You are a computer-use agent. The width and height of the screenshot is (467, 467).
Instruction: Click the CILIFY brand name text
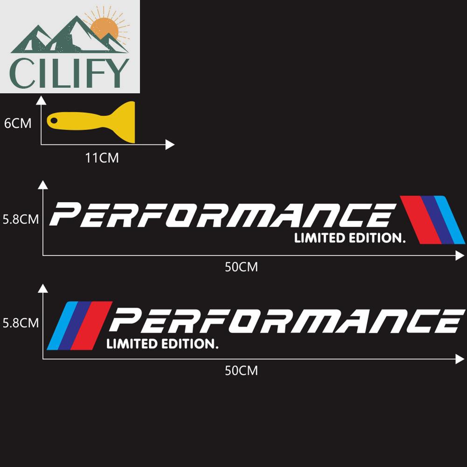coord(70,73)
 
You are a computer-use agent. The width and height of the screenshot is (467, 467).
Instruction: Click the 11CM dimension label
coord(102,158)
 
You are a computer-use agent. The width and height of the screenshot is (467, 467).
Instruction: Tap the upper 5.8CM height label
coord(21,219)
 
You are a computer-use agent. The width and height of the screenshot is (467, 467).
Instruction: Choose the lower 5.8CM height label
coord(21,322)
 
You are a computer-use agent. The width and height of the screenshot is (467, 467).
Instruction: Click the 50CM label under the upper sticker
coord(241,267)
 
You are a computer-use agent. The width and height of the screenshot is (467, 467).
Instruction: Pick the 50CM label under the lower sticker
coord(241,371)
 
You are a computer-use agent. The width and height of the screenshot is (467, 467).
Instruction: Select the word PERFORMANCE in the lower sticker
coord(285,321)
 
